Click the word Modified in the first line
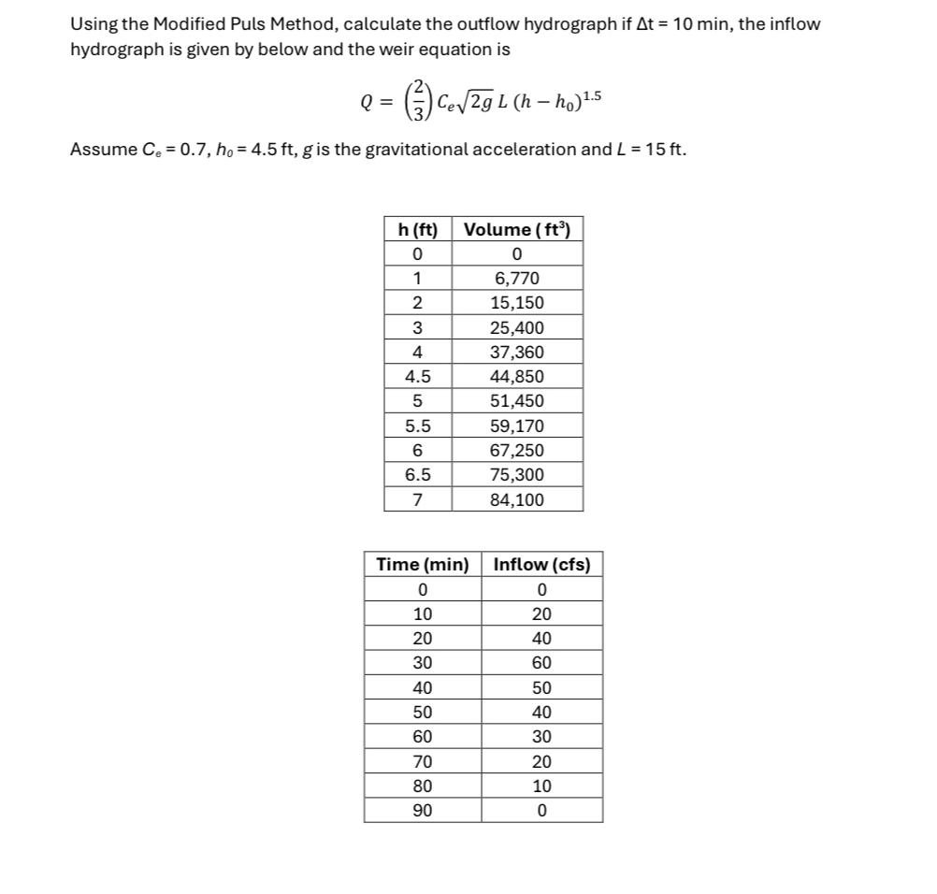[x=202, y=24]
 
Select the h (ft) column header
[x=417, y=229]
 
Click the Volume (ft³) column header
[x=517, y=229]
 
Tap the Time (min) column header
[x=422, y=564]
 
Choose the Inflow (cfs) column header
[x=541, y=564]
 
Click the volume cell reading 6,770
[x=517, y=279]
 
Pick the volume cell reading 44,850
[x=517, y=377]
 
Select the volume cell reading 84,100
[x=517, y=499]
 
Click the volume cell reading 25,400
[x=517, y=327]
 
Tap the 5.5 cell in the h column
[x=417, y=425]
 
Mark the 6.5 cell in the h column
[x=417, y=475]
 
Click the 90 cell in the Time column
[x=422, y=810]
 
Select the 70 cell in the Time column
[x=422, y=761]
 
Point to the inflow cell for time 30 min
[x=541, y=663]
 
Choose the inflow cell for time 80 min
[x=541, y=786]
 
